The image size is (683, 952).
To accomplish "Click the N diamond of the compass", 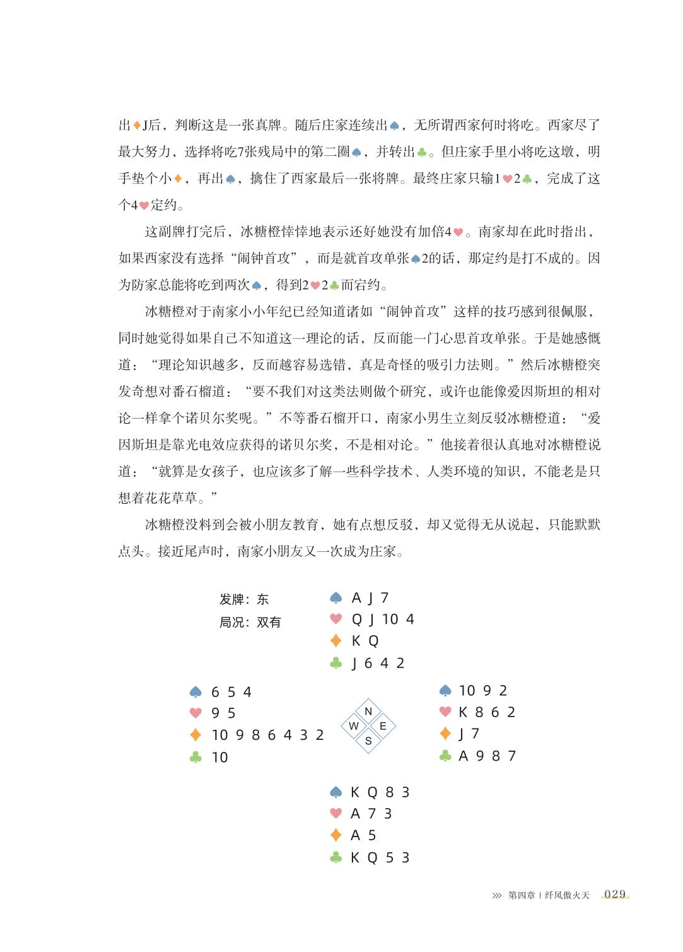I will coord(368,711).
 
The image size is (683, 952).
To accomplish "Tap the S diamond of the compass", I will coord(368,741).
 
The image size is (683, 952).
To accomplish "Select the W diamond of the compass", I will coord(354,726).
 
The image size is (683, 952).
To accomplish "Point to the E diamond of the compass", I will coord(383,726).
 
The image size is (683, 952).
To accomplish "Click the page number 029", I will coord(615,894).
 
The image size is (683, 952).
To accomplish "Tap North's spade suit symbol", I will coord(336,598).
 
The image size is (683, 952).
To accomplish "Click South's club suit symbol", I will coord(336,857).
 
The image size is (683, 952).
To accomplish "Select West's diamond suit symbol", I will coord(196,735).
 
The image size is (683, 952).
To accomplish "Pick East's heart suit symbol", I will coord(445,712).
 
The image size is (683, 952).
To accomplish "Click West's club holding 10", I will coord(219,757).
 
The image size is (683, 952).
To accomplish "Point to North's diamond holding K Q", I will coord(365,641).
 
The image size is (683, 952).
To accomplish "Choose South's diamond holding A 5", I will coord(363,836).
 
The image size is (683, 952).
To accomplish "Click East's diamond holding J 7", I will coord(469,734).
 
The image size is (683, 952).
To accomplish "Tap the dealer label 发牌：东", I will coord(244,600).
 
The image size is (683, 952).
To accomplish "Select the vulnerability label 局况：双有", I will coord(250,622).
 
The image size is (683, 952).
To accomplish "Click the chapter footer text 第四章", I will coord(522,895).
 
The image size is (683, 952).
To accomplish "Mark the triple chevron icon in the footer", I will coord(497,895).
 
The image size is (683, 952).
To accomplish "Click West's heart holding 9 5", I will coord(223,713).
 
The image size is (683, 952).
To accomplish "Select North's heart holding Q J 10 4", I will coord(382,619).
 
